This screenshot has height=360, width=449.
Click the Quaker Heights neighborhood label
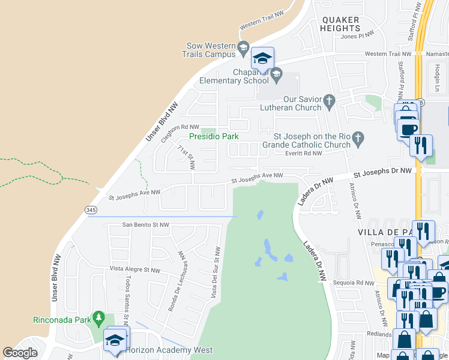340,24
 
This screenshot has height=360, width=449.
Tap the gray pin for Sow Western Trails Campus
243,47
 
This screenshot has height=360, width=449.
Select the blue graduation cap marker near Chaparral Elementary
262,59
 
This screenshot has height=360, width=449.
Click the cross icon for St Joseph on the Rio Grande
358,139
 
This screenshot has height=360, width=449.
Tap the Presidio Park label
214,136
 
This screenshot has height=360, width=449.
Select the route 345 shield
91,209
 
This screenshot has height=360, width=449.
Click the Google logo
20,353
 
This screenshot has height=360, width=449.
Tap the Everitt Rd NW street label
305,154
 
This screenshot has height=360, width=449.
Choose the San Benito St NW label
146,225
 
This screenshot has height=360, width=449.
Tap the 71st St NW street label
186,156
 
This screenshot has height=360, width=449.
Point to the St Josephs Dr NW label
382,172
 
